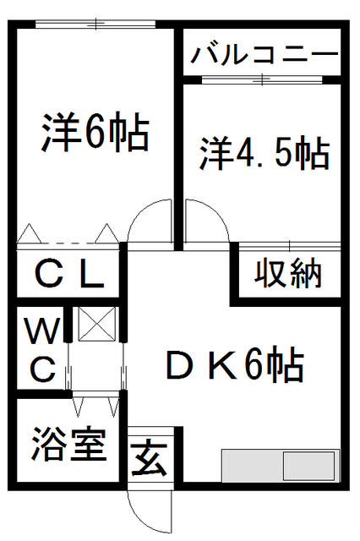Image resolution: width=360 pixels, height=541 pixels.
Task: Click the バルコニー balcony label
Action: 265,55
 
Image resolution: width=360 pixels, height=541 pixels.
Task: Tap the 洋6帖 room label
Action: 95,132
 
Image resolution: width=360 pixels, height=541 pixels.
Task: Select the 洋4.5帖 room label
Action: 265,153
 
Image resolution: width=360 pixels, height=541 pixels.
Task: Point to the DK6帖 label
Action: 235,364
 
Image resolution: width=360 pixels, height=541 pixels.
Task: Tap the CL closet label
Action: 69,275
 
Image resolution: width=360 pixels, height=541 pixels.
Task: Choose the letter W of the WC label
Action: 43,331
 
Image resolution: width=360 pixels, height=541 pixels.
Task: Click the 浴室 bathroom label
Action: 68,445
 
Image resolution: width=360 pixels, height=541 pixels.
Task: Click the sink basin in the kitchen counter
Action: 309,466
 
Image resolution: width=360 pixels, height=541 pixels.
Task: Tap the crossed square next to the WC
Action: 96,324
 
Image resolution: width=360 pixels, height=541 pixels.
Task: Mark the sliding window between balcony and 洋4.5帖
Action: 262,80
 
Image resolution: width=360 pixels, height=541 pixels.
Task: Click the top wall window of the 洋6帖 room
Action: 95,25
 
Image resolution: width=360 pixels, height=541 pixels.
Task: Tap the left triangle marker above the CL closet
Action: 30,233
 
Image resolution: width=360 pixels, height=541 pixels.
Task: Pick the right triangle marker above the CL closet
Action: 106,233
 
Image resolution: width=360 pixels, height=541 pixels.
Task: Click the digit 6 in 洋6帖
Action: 93,132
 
